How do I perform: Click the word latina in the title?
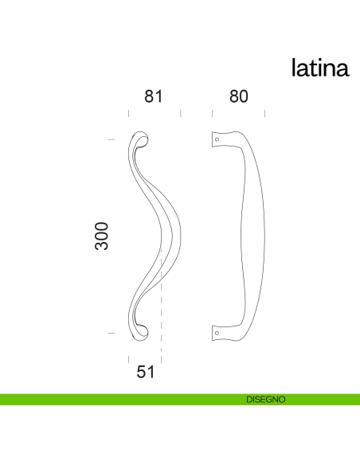(319, 68)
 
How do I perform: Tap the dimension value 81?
(153, 96)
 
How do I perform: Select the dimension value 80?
(238, 96)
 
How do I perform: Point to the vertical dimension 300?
(102, 236)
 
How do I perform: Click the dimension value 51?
(144, 371)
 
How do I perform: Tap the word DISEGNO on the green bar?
(265, 400)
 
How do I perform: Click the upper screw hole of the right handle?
(217, 140)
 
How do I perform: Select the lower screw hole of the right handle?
(217, 330)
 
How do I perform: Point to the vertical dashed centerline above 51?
(162, 303)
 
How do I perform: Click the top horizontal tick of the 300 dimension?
(112, 140)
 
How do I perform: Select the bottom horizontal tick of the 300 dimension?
(112, 331)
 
